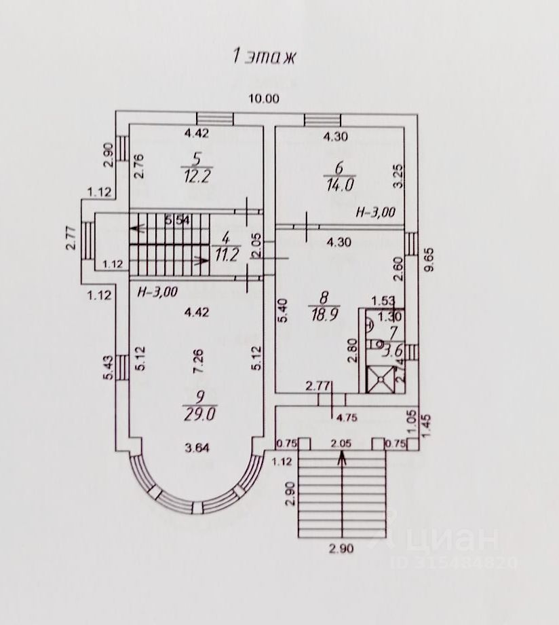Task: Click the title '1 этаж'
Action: (266, 56)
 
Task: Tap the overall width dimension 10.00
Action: (263, 98)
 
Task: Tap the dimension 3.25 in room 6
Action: (400, 175)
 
